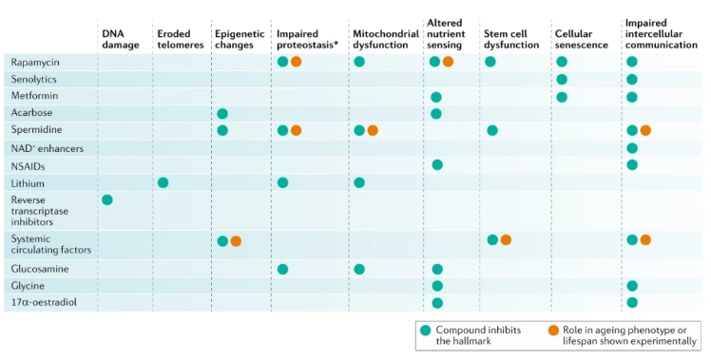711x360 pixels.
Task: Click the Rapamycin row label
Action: point(35,62)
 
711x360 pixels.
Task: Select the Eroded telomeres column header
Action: point(180,40)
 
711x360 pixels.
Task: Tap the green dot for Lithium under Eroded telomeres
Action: point(163,182)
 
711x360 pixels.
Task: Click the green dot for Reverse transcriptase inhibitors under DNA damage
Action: point(107,200)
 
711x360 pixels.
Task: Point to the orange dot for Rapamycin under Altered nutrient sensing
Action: point(448,62)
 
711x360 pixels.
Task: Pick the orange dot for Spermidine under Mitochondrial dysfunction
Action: point(373,130)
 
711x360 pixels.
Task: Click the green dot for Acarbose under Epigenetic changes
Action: point(222,114)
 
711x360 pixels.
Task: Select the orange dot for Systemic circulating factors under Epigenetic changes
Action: point(236,241)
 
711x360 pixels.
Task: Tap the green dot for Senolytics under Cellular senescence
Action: point(562,80)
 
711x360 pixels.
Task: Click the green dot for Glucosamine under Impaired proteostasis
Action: point(282,270)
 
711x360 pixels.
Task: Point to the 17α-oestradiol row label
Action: point(44,302)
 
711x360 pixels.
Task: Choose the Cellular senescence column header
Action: point(581,40)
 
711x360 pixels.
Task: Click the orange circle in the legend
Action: point(553,331)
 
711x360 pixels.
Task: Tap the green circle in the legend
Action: point(425,331)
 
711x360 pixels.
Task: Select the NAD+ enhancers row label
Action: point(48,148)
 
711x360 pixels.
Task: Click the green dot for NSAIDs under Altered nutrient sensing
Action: point(437,165)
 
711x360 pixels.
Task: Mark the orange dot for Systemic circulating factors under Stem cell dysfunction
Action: point(506,240)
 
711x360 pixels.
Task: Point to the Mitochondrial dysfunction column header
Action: point(385,40)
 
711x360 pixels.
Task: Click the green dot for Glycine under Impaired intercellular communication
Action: point(632,286)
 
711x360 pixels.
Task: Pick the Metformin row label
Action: point(34,96)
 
